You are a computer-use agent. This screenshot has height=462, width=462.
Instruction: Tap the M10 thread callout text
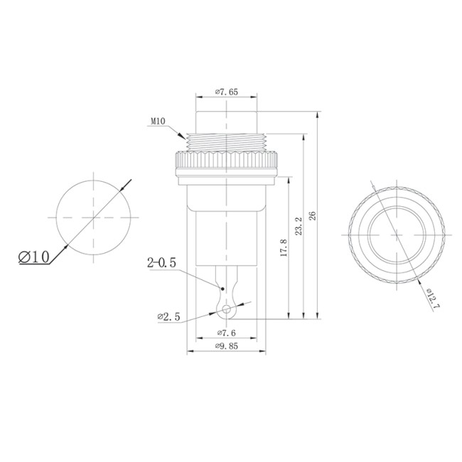158,122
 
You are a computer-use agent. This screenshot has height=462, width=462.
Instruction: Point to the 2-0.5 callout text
161,264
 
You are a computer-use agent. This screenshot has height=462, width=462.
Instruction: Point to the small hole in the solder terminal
227,310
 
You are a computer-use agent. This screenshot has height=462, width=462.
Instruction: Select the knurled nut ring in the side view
226,165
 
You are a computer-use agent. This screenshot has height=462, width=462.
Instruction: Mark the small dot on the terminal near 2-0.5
223,289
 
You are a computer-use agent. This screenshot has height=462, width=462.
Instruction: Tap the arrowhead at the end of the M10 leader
183,136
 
